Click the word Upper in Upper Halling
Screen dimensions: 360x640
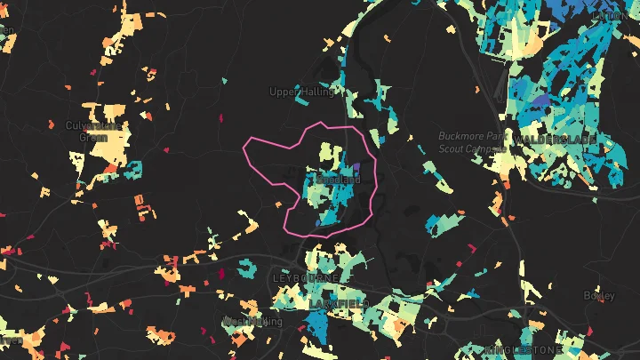click(284, 92)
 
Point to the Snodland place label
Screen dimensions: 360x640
click(339, 179)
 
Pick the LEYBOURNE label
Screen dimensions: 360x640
click(306, 278)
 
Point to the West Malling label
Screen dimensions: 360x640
click(252, 321)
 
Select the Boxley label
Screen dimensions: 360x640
click(598, 295)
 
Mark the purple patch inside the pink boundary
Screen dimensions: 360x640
click(356, 167)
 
